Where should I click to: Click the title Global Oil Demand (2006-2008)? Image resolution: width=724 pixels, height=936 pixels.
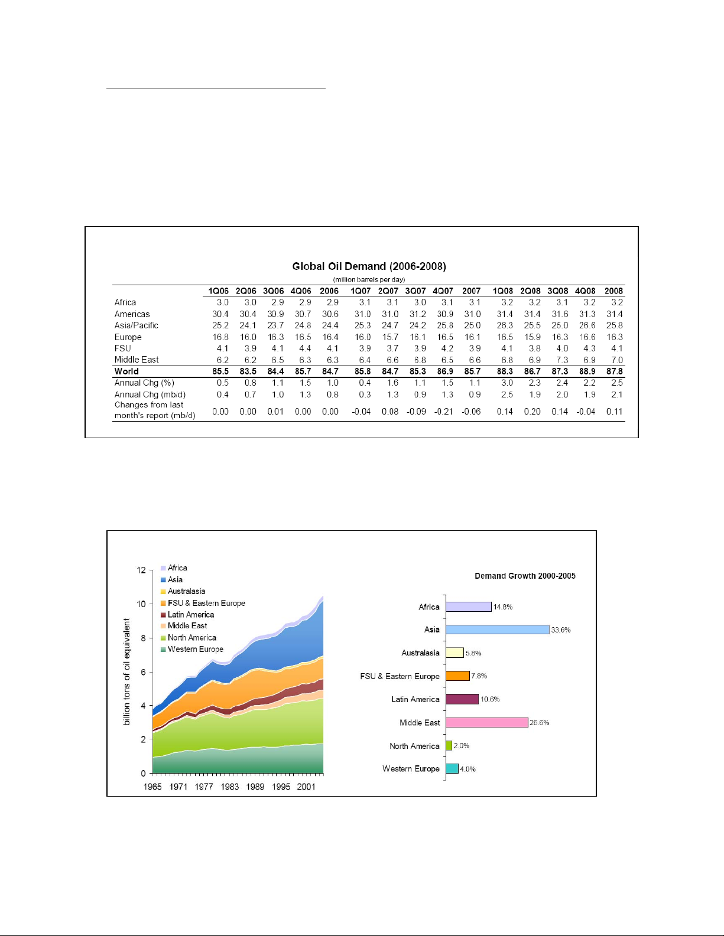click(369, 266)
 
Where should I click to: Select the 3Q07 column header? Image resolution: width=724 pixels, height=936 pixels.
click(415, 291)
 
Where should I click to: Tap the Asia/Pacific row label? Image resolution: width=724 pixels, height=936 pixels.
click(137, 325)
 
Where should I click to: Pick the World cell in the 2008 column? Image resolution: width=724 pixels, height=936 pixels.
click(615, 371)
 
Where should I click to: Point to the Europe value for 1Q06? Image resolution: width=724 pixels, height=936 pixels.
click(220, 337)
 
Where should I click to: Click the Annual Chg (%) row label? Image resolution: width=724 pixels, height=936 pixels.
click(144, 383)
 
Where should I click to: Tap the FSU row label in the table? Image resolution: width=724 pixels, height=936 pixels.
click(123, 348)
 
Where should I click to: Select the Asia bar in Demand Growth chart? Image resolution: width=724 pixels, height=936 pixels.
click(498, 630)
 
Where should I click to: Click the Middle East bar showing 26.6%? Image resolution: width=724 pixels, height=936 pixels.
click(487, 723)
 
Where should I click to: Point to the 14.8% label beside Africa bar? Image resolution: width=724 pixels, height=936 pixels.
click(503, 607)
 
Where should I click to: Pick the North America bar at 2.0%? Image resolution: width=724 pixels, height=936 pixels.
click(449, 746)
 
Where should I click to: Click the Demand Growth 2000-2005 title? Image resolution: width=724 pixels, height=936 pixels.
click(525, 576)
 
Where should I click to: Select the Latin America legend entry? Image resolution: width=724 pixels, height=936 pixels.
click(190, 615)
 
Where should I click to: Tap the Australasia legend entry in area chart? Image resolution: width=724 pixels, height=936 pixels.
click(186, 591)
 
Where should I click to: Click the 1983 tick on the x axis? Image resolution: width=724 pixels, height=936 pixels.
click(230, 787)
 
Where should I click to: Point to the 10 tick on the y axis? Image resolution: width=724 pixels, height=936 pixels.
click(141, 604)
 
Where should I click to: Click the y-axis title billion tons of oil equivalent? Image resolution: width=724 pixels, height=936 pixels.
click(126, 672)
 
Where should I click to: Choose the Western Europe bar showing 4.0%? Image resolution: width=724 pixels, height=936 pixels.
click(452, 769)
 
